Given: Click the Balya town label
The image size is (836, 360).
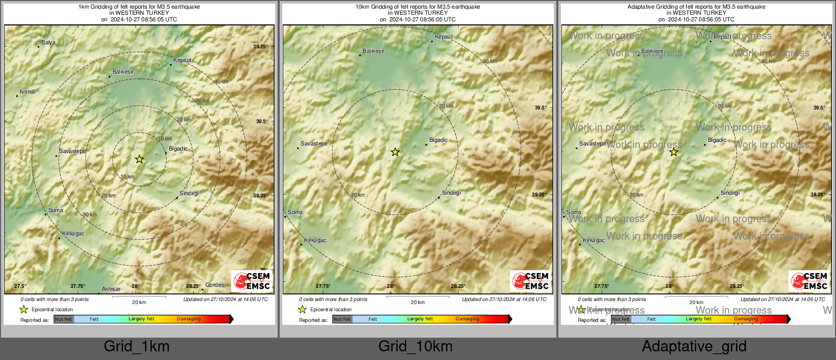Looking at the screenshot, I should pyautogui.click(x=48, y=43).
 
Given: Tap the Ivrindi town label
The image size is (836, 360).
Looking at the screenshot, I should pyautogui.click(x=27, y=92).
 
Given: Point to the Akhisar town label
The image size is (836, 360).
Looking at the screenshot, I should pyautogui.click(x=111, y=289).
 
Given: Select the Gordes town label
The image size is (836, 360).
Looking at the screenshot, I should pyautogui.click(x=215, y=285).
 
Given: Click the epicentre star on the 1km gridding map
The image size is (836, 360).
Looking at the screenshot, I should pyautogui.click(x=139, y=159).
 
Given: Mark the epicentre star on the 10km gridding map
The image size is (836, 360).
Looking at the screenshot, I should pyautogui.click(x=395, y=152).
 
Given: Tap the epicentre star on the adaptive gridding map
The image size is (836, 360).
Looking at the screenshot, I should pyautogui.click(x=674, y=152).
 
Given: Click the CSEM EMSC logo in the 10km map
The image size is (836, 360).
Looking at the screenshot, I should pyautogui.click(x=530, y=281).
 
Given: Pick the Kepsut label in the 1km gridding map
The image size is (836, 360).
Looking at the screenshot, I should pyautogui.click(x=182, y=61).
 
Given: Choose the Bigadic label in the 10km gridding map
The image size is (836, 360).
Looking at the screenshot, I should pyautogui.click(x=438, y=140).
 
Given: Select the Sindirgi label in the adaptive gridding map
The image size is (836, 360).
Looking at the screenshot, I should pyautogui.click(x=730, y=193).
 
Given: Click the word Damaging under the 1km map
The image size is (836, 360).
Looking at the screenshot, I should pyautogui.click(x=189, y=319).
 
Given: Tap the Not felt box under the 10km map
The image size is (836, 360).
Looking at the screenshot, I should pyautogui.click(x=342, y=319).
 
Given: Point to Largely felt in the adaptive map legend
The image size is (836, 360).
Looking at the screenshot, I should pyautogui.click(x=698, y=319).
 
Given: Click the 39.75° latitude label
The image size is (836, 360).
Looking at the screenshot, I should pyautogui.click(x=260, y=47).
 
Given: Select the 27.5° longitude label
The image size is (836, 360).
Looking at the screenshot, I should pyautogui.click(x=20, y=286).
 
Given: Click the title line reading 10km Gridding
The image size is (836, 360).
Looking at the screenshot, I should pyautogui.click(x=417, y=7).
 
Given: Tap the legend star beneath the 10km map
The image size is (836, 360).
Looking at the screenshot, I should pyautogui.click(x=302, y=309).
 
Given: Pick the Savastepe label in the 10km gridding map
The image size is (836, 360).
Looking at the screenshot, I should pyautogui.click(x=314, y=144).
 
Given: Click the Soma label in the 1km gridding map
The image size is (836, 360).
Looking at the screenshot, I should pyautogui.click(x=55, y=211).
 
